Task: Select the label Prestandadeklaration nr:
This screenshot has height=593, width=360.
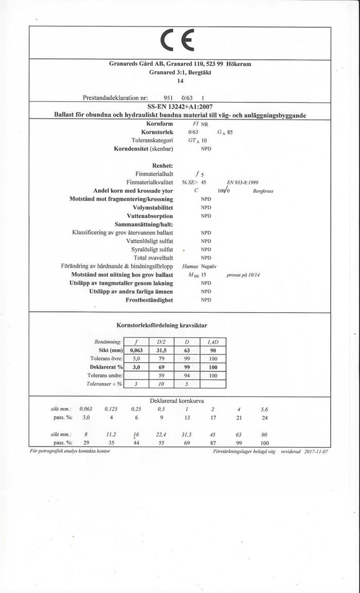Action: tap(116, 97)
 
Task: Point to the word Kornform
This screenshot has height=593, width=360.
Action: tap(160, 124)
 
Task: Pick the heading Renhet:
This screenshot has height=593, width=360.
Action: tap(163, 166)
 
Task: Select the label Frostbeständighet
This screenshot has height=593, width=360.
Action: tap(149, 300)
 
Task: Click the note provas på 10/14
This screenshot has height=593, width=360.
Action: tap(243, 275)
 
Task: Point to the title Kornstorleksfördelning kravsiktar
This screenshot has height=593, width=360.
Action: tap(162, 325)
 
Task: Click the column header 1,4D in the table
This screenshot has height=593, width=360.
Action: tap(213, 342)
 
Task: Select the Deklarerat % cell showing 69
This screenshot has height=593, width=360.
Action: tap(161, 367)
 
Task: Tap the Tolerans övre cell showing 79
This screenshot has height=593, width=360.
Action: tap(161, 358)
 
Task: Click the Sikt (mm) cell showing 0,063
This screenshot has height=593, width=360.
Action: tap(136, 350)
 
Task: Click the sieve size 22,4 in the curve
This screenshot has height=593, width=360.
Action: tap(161, 435)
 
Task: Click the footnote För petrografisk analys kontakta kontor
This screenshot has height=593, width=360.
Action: tap(70, 451)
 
